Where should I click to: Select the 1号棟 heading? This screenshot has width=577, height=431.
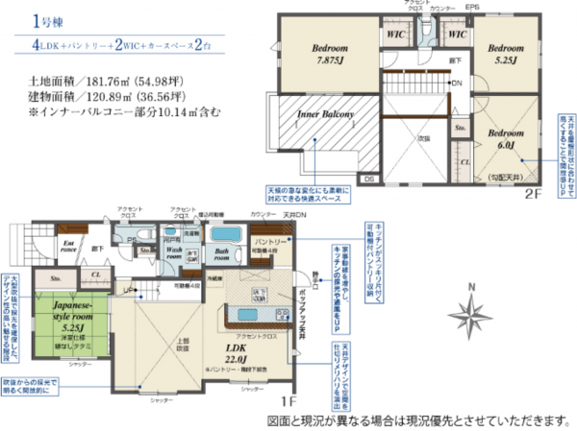click(x=46, y=19)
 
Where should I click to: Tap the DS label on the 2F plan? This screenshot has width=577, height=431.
click(x=370, y=179)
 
